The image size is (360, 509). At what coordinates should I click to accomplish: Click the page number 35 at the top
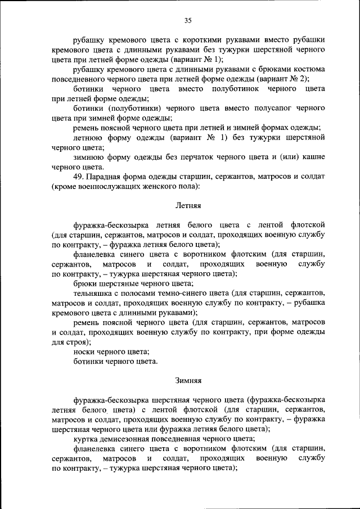pos(188,21)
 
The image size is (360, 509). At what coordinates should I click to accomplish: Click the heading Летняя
pos(188,206)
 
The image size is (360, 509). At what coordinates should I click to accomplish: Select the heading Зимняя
pos(188,380)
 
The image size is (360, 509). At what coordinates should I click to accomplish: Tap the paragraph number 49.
pos(79,177)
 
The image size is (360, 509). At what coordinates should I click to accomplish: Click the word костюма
pos(309,69)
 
